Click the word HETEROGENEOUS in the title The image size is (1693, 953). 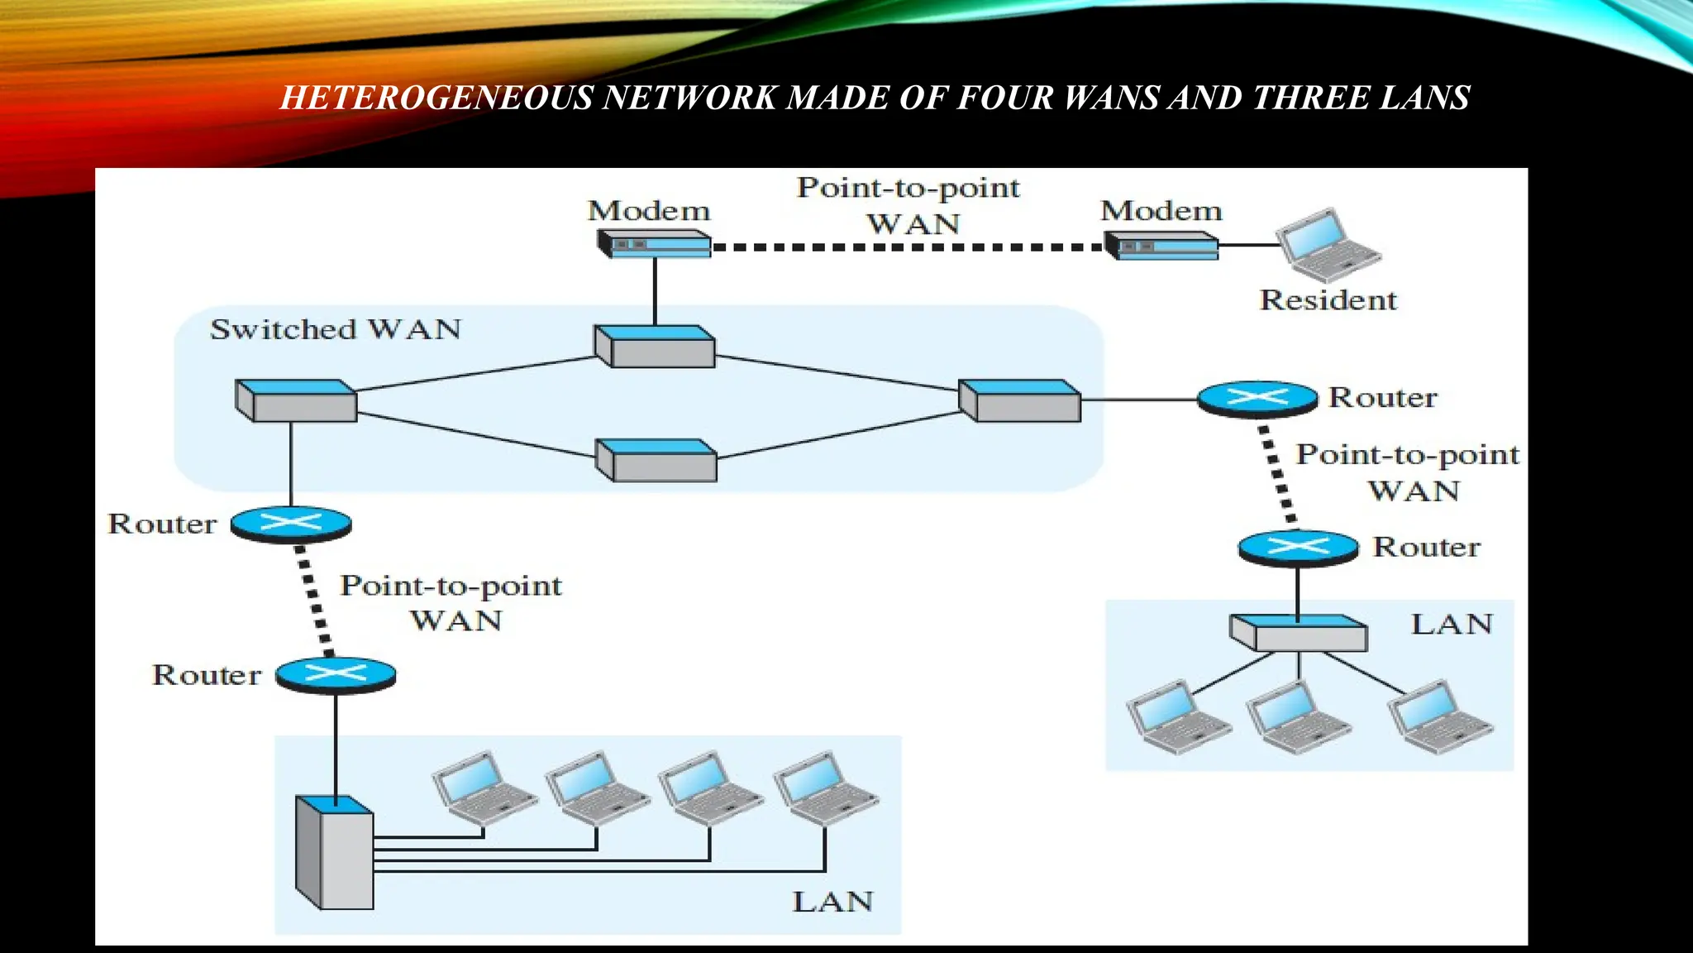click(x=436, y=98)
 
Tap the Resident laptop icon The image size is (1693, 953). click(x=1326, y=245)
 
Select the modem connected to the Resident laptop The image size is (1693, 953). click(x=1161, y=246)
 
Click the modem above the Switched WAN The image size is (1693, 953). click(x=654, y=244)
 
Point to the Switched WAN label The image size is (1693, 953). click(x=336, y=329)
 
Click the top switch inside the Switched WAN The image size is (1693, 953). click(x=655, y=347)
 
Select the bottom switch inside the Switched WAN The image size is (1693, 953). click(x=656, y=461)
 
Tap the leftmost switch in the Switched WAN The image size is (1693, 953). click(x=296, y=401)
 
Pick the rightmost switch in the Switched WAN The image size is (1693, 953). click(x=1019, y=401)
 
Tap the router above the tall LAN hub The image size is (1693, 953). click(x=336, y=676)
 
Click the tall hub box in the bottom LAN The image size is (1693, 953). click(x=335, y=853)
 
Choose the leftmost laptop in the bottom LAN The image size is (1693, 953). click(x=483, y=788)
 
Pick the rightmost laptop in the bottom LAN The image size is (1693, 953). click(x=824, y=788)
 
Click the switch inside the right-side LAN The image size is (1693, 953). click(x=1298, y=633)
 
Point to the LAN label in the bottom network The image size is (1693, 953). click(x=832, y=902)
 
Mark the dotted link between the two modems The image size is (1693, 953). click(x=907, y=247)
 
